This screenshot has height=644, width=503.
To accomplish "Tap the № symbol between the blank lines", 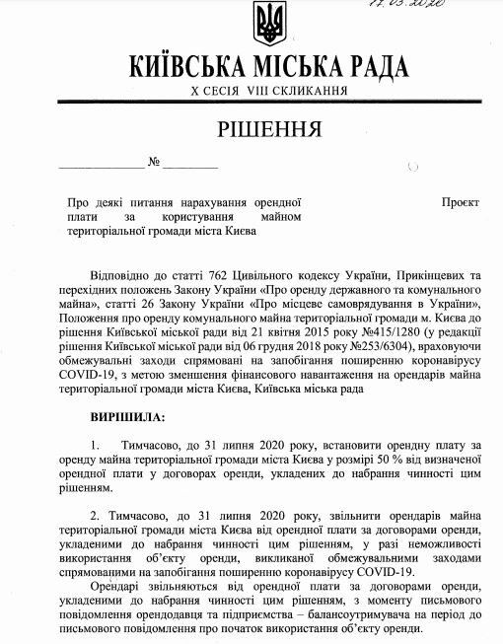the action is tap(154, 161).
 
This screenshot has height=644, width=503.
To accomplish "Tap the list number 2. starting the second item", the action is tap(95, 514).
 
